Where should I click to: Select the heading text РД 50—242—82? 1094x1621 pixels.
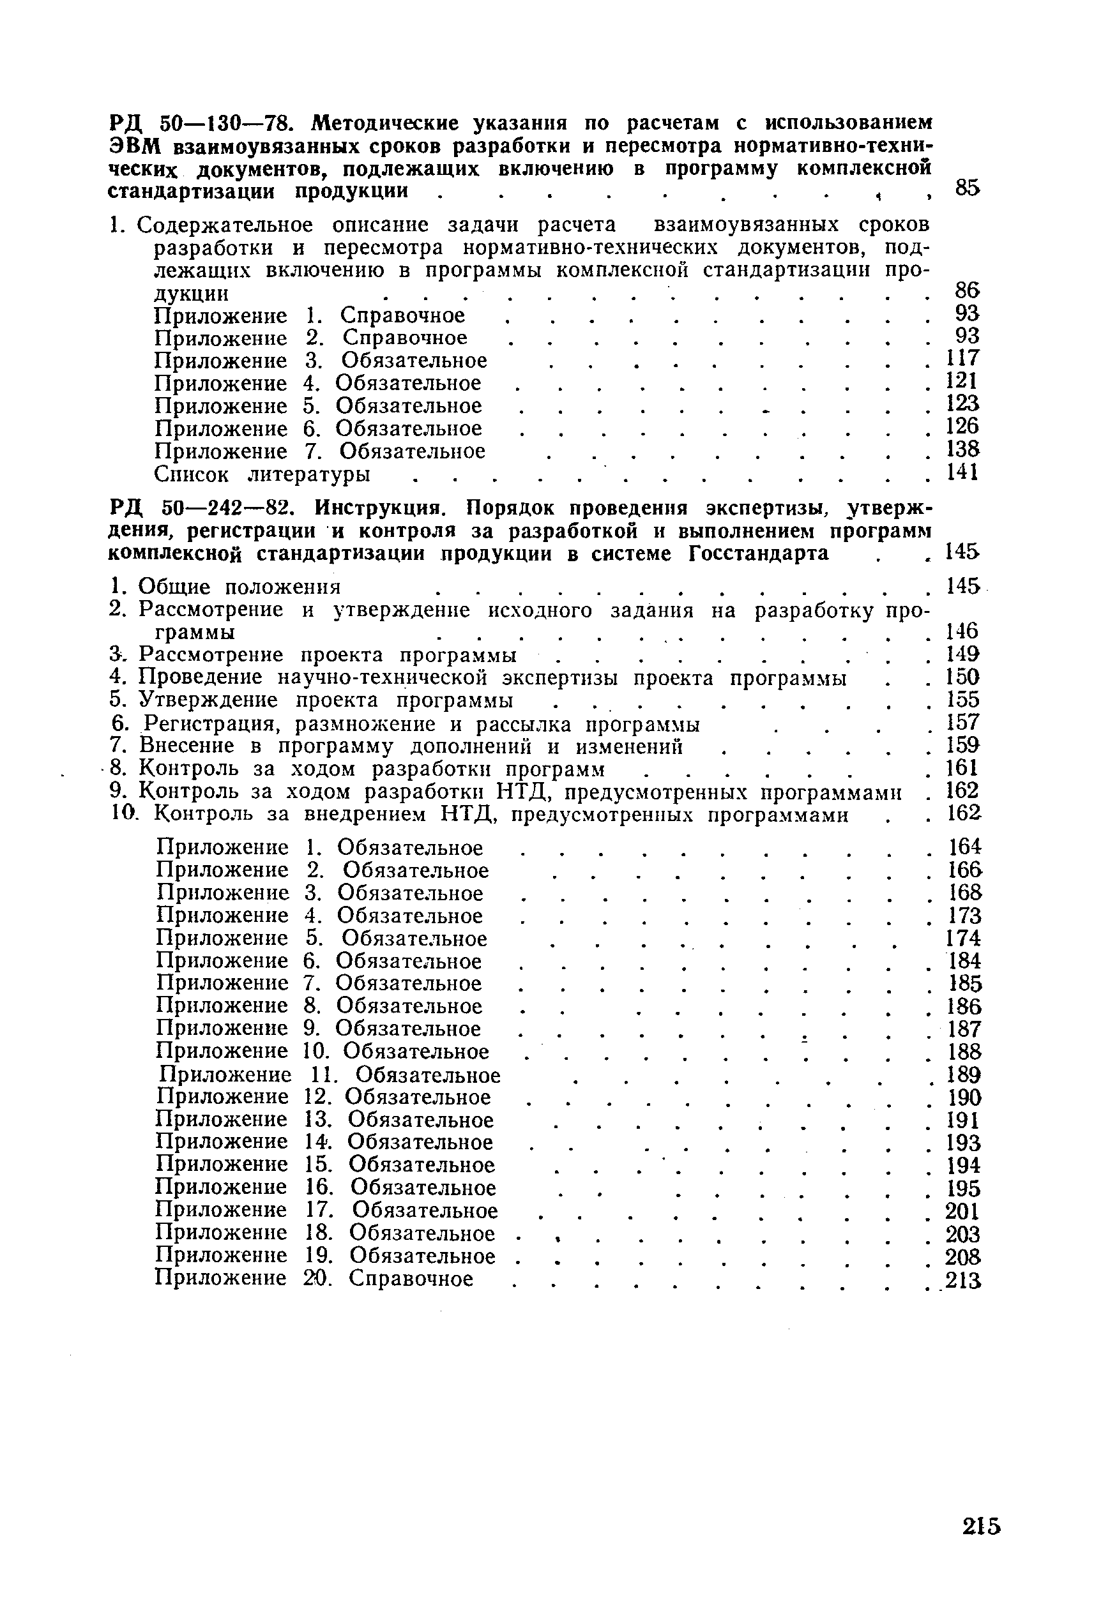[205, 508]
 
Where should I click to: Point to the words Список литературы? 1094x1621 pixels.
[262, 475]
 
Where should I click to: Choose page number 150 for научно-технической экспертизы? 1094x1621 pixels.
[963, 677]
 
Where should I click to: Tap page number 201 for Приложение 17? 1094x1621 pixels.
[963, 1212]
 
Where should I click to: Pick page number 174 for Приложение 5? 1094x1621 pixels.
[964, 937]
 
